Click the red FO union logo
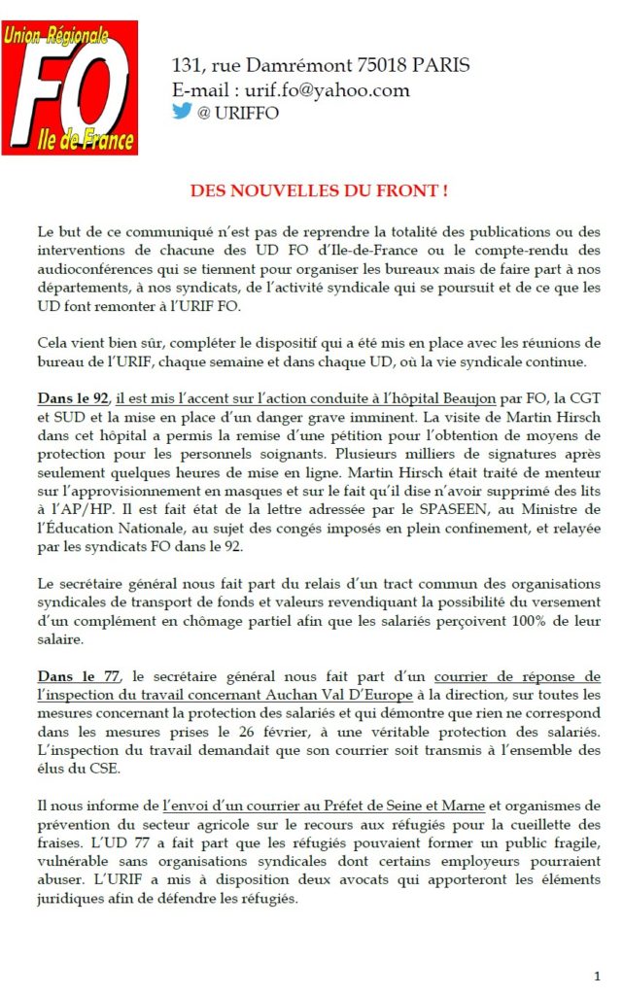pyautogui.click(x=69, y=88)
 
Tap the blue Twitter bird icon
pyautogui.click(x=182, y=111)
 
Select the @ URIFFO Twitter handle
pyautogui.click(x=238, y=113)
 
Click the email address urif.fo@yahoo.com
pyautogui.click(x=320, y=90)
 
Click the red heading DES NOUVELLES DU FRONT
pyautogui.click(x=319, y=191)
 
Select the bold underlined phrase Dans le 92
pyautogui.click(x=73, y=397)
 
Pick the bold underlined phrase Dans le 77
pyautogui.click(x=73, y=676)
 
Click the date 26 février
pyautogui.click(x=285, y=731)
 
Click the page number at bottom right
pyautogui.click(x=596, y=975)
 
